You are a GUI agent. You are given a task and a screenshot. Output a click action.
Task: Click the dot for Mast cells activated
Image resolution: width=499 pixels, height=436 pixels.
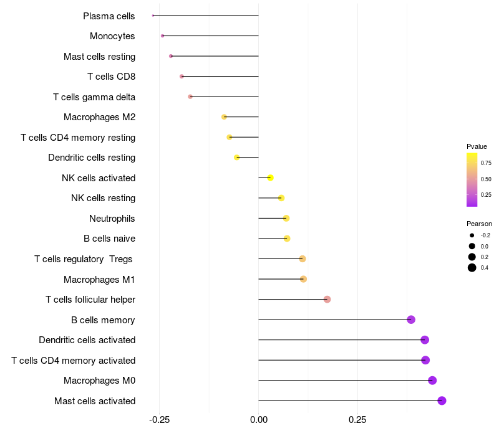point(442,400)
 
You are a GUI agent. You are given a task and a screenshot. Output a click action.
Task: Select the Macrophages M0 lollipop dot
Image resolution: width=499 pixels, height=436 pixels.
point(432,381)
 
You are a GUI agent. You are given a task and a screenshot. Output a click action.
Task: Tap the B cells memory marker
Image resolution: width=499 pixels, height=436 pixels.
point(411,320)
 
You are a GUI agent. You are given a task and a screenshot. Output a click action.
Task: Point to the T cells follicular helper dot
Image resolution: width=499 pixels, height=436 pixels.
point(327,300)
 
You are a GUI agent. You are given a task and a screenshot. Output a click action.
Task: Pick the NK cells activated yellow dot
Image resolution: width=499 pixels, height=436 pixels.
point(270,178)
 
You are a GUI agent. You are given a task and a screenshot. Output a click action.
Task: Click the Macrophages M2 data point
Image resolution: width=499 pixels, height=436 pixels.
point(224,117)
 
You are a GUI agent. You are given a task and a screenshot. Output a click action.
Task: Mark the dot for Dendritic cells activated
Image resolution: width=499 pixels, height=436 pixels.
point(425,340)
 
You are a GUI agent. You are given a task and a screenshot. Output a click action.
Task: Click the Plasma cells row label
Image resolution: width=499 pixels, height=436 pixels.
point(109,16)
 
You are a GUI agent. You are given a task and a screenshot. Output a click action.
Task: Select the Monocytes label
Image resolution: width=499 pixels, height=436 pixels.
point(112,36)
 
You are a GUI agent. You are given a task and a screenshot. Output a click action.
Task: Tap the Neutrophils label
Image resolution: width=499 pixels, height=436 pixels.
point(112,219)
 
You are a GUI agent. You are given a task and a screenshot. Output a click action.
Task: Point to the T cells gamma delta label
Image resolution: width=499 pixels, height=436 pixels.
point(94,97)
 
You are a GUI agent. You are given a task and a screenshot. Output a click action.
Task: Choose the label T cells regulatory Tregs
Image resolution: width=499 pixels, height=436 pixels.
point(84,259)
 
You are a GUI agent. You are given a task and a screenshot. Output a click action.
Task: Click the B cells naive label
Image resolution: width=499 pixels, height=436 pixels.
point(109,239)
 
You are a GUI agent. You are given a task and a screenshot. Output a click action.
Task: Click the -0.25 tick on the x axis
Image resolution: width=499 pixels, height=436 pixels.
point(159,420)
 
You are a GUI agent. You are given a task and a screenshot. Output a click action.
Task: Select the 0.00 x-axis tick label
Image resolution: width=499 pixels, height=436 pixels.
point(258,420)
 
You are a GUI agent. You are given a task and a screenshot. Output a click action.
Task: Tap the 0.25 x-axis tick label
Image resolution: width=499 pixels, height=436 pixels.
point(357,420)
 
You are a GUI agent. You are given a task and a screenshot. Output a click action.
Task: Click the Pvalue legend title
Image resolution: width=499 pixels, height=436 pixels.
point(477,146)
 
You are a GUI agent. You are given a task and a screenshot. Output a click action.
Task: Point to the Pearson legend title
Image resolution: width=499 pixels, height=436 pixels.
point(479,224)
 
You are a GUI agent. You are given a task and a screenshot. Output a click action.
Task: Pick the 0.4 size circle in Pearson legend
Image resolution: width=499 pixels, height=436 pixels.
point(472,268)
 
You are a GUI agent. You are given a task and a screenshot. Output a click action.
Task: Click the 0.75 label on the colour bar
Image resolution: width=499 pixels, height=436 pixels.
point(486,163)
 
